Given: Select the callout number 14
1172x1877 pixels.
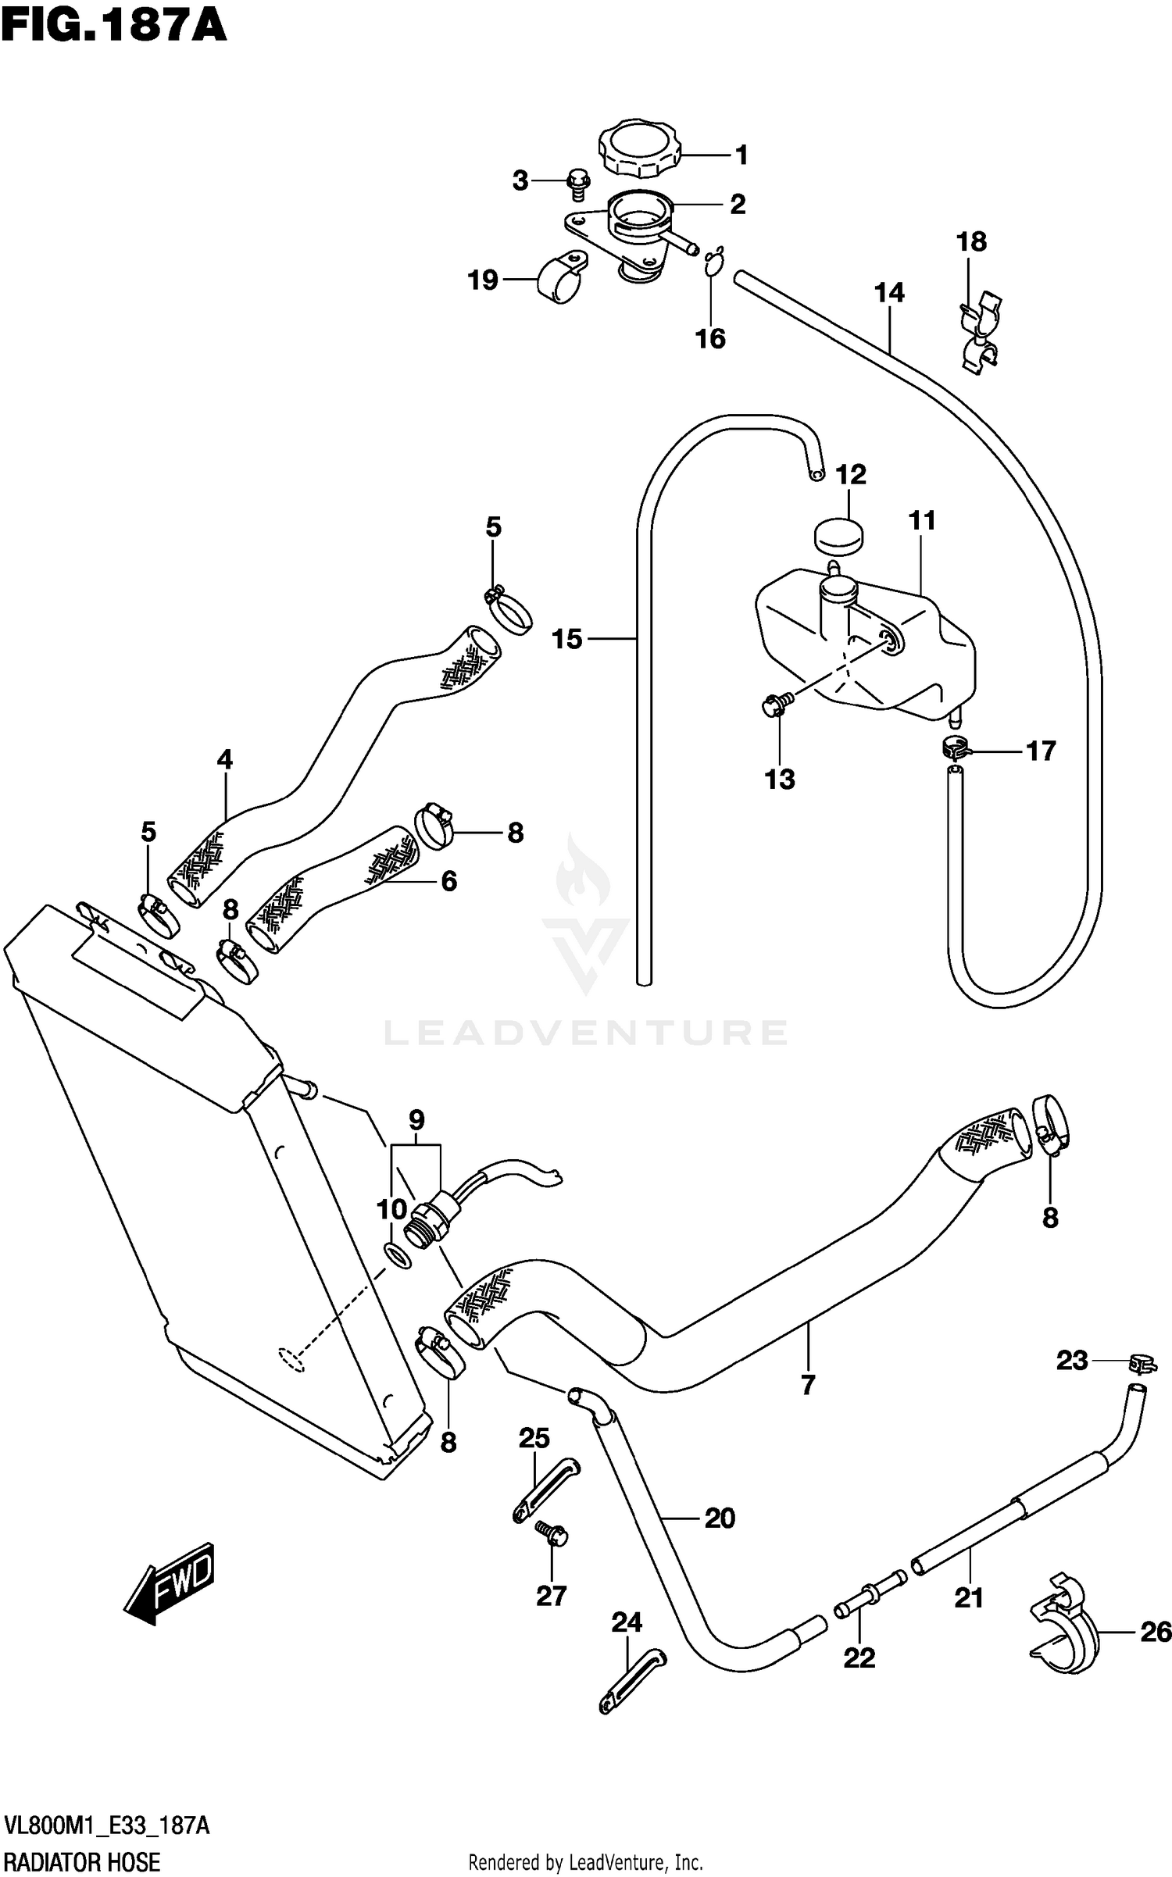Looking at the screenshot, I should click(889, 293).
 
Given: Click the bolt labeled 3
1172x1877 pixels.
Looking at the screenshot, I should click(577, 181).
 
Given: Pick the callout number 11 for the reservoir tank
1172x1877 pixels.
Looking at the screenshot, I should click(922, 520).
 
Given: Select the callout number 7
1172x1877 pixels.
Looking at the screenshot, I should click(808, 1384).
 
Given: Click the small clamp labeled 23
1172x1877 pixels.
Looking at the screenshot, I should click(1142, 1364).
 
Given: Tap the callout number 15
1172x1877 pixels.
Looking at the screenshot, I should click(567, 639).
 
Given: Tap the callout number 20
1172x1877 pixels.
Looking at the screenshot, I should click(720, 1518).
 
